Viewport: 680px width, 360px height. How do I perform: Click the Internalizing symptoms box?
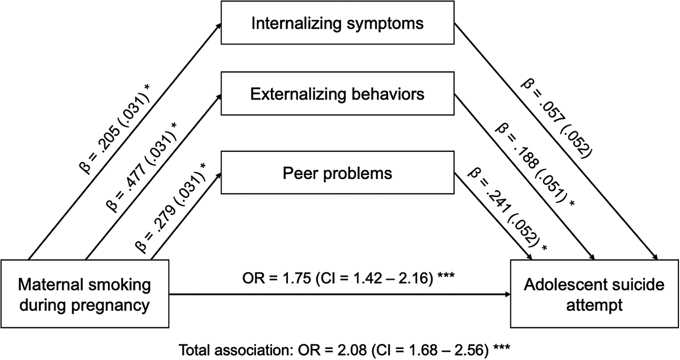coord(338,23)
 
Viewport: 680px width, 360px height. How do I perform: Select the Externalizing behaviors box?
coord(338,94)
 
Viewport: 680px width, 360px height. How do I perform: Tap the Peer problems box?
coord(338,173)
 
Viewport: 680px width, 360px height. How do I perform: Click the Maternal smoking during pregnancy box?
coord(84,294)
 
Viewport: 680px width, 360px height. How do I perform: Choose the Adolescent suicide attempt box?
coord(595,294)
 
